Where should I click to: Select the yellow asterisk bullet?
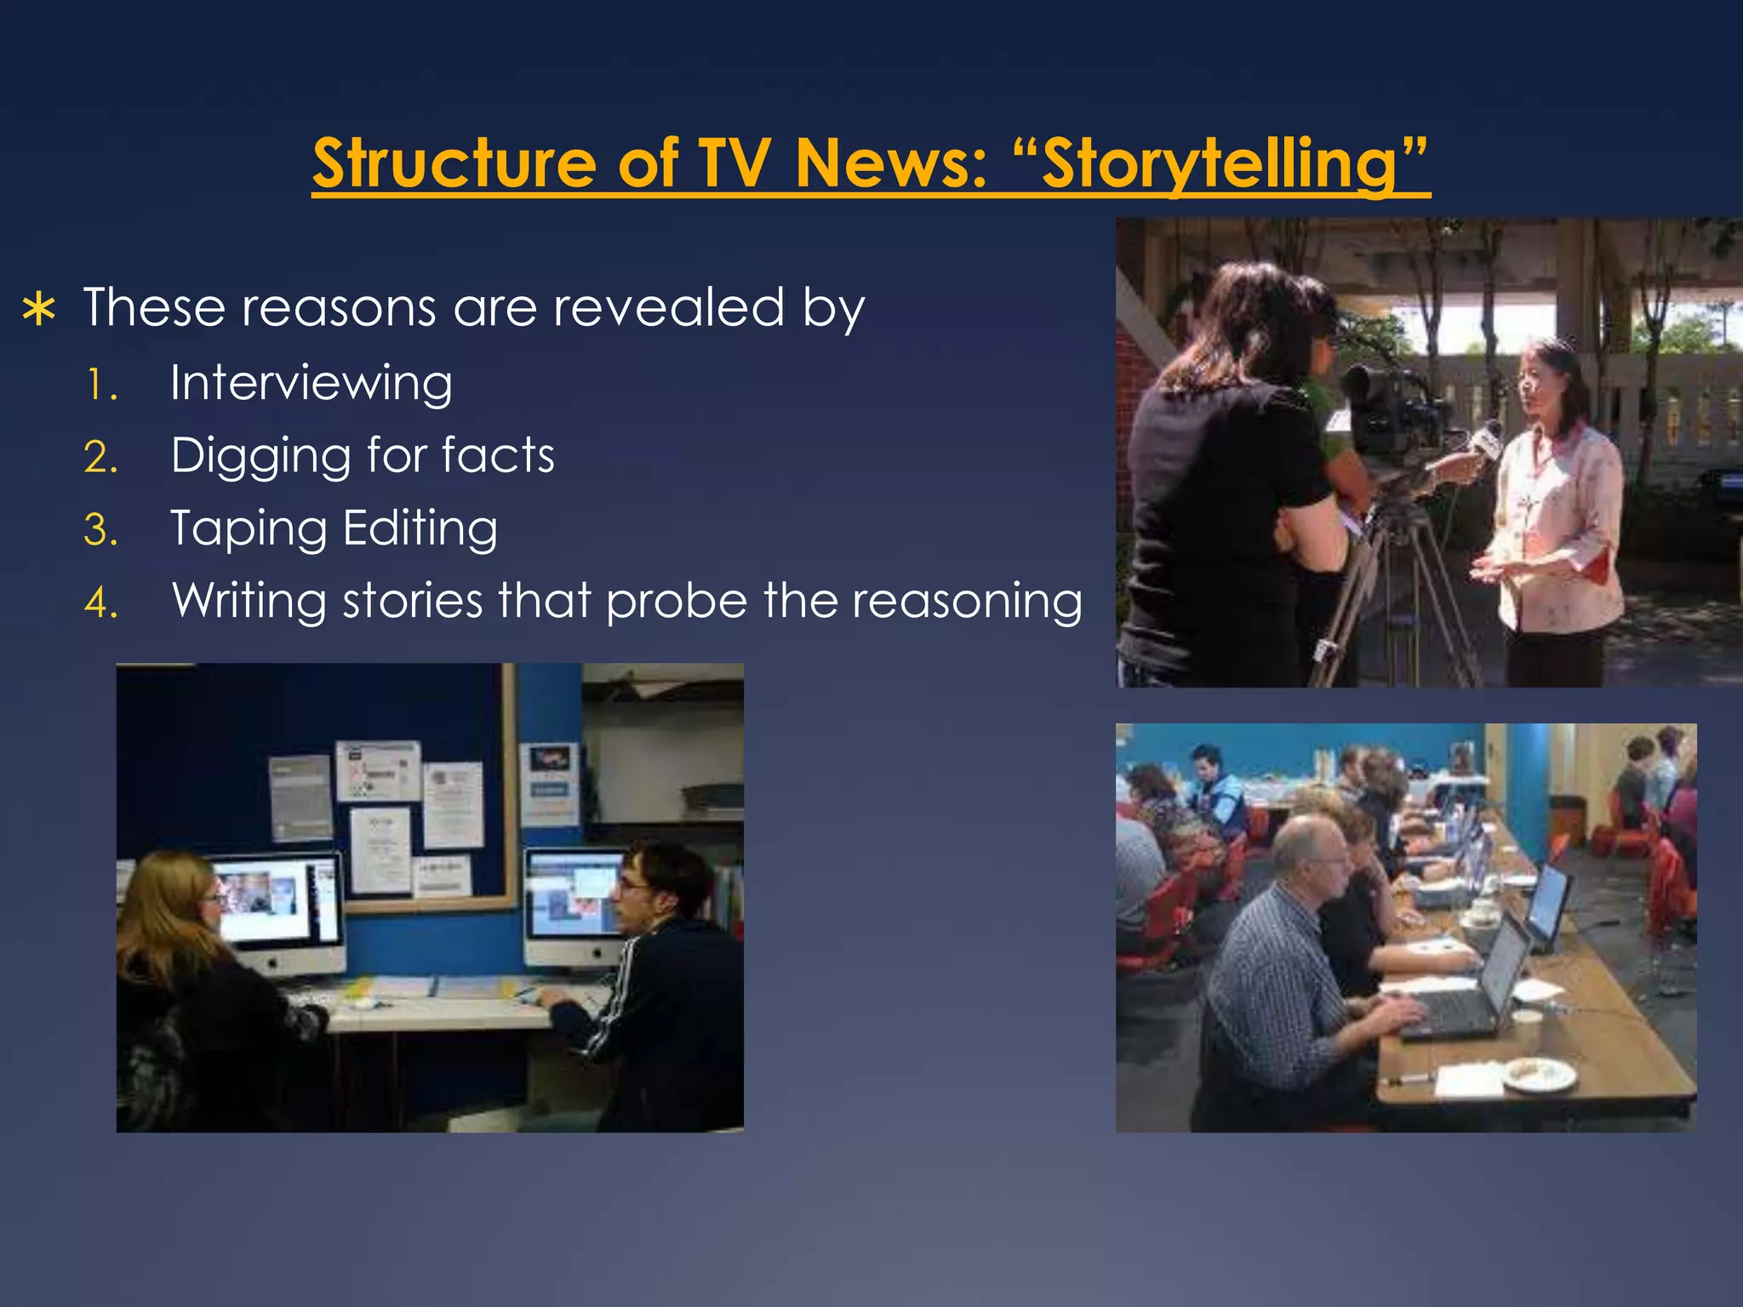click(39, 310)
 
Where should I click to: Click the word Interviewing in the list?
click(311, 383)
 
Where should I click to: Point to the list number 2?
click(100, 458)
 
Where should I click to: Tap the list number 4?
click(100, 603)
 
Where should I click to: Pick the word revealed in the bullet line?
click(668, 307)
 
